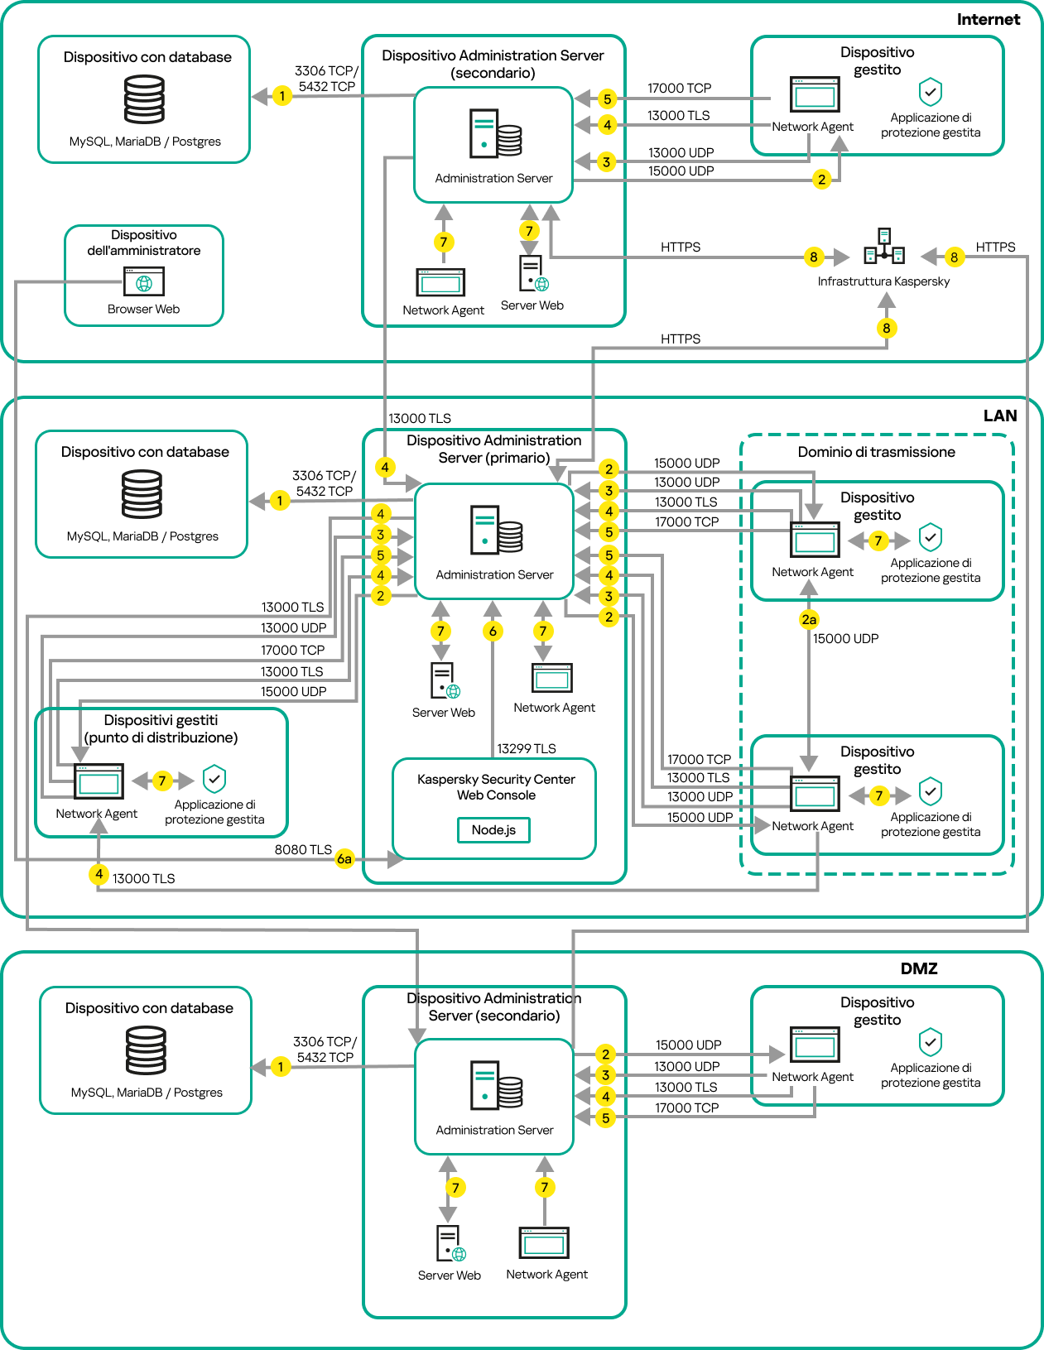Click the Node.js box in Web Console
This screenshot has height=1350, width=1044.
493,829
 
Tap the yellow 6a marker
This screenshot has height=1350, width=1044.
344,859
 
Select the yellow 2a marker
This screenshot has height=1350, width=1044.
809,619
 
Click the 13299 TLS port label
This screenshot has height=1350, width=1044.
527,748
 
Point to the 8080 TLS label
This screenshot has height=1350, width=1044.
303,849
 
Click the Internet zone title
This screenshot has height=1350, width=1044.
988,19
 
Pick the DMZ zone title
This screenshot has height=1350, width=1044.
918,968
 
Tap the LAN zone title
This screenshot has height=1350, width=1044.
999,416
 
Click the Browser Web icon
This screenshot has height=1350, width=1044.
144,281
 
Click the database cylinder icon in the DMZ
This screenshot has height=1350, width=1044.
146,1050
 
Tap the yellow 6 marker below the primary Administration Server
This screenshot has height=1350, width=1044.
493,632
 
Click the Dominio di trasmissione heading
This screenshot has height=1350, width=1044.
876,452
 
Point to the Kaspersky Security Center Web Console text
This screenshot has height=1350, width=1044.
496,787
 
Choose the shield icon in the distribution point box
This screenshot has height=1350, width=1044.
214,779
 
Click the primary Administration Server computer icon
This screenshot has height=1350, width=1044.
496,530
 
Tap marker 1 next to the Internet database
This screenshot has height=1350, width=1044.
282,96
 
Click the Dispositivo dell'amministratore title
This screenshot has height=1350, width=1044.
144,243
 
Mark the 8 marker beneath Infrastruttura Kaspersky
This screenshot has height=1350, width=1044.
887,328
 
